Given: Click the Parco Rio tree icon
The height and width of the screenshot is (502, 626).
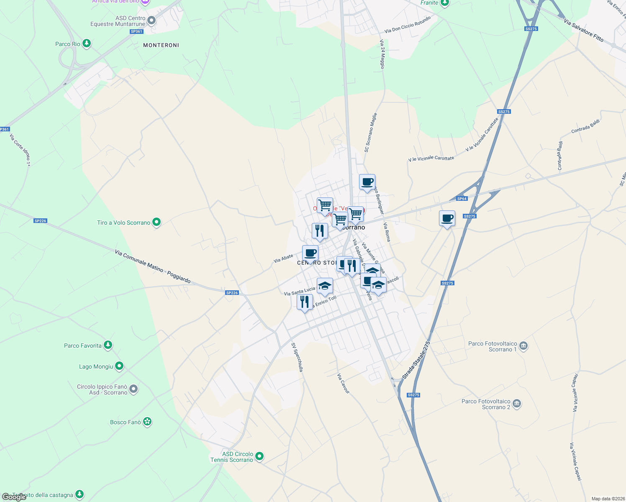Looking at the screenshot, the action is click(87, 44).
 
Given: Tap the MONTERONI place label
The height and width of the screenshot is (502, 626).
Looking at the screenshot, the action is click(161, 45).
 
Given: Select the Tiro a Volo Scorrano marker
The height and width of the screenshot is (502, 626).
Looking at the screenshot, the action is click(156, 222).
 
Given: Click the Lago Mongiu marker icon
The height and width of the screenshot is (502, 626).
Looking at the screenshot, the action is click(119, 366).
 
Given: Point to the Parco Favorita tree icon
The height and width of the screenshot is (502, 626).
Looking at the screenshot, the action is click(108, 345).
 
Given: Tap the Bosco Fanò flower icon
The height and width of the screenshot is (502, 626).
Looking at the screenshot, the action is click(147, 422).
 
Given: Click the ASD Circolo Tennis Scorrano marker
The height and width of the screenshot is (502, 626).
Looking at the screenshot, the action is click(259, 456).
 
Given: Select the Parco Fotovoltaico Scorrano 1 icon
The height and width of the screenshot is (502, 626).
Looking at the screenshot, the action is click(523, 346).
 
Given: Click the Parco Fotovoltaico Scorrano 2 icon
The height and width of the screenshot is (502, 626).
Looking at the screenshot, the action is click(517, 404).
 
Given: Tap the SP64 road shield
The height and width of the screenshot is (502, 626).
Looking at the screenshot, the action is click(462, 199).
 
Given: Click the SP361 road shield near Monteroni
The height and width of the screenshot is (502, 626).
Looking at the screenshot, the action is click(136, 31).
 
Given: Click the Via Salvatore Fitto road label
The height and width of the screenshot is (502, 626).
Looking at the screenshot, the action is click(583, 30).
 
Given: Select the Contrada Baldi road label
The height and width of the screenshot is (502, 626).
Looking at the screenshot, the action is click(585, 126).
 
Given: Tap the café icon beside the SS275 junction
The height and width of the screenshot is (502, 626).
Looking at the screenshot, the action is click(447, 218).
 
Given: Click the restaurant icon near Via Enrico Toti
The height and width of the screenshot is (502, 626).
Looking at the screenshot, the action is click(305, 301).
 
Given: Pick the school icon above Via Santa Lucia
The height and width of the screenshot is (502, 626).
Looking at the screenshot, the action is click(325, 286).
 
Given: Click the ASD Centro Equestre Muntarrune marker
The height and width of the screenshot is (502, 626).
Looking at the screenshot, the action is click(151, 20).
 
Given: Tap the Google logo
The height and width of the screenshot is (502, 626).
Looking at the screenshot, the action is click(14, 497).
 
